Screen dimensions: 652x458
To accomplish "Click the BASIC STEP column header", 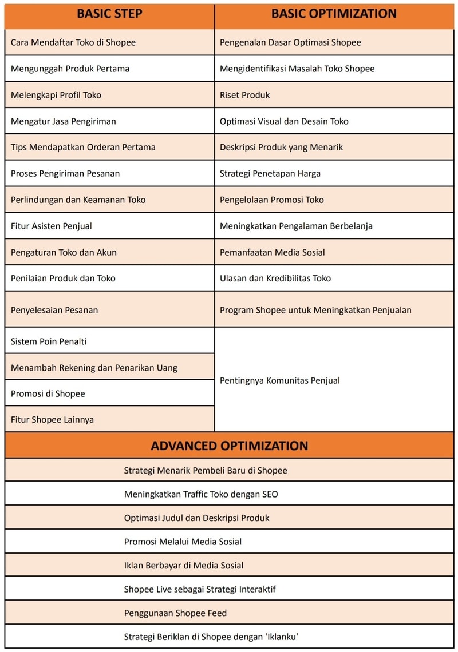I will (109, 14).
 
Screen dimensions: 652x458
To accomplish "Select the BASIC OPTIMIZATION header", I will (334, 14).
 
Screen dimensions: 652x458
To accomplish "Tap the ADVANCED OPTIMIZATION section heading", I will (229, 446).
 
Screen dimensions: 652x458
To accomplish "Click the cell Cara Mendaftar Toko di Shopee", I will (73, 42).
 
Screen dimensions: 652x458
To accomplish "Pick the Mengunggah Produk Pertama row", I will (70, 69).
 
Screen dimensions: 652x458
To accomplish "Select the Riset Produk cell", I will (244, 95).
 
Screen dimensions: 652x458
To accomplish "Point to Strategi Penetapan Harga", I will (270, 173).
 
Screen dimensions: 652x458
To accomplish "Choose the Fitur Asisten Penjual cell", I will (52, 226).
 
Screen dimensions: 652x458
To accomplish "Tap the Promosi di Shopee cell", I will (48, 393).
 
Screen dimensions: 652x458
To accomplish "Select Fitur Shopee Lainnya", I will (52, 419).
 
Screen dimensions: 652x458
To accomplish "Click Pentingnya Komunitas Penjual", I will (279, 380).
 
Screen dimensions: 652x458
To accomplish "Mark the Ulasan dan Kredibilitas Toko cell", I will (275, 278).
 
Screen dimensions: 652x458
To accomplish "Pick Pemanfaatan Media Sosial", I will (273, 252).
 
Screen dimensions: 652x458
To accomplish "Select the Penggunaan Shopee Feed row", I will (175, 613).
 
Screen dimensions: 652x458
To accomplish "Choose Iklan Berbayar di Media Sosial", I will (184, 565).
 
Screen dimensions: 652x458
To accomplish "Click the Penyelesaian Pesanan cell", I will (54, 310).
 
